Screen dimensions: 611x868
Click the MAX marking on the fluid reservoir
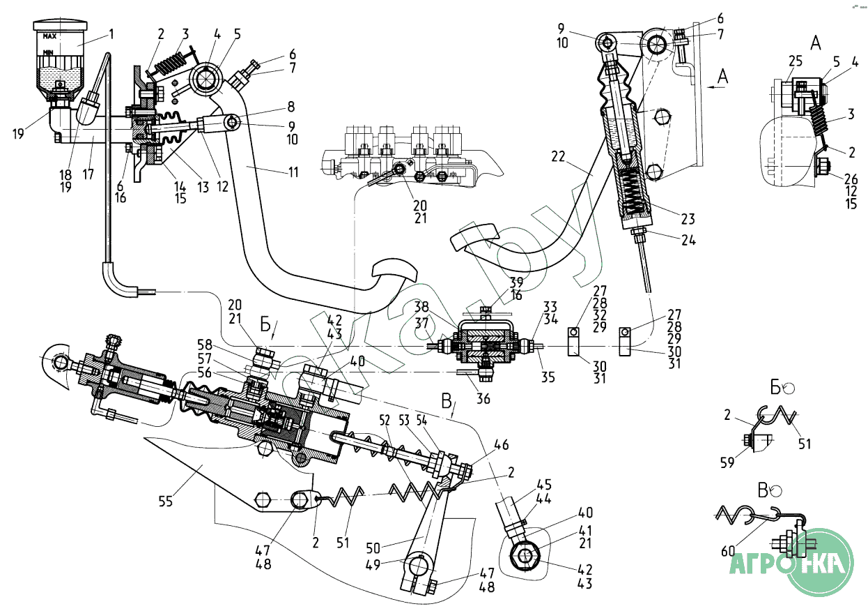[49, 36]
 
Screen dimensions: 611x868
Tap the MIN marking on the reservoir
[49, 51]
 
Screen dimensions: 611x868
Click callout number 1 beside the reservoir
[111, 33]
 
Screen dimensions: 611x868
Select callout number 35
[548, 378]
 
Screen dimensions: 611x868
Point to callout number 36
[483, 398]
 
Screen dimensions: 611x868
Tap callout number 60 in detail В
[729, 550]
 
